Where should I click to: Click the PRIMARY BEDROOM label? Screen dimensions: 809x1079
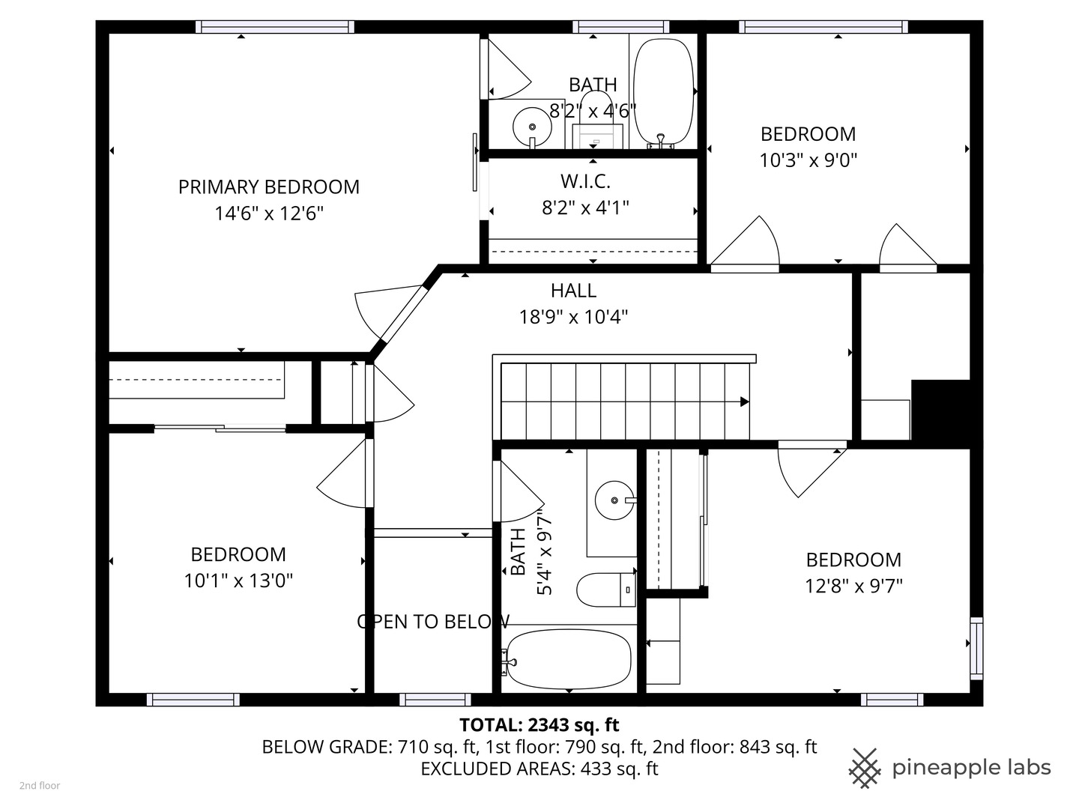pos(268,187)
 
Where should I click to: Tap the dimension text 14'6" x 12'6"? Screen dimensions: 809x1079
pos(268,213)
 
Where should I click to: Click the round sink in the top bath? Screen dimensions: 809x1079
pos(532,126)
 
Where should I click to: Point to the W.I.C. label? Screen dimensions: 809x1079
pos(585,181)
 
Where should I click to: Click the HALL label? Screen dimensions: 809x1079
pos(573,291)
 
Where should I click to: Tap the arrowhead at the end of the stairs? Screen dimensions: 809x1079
pos(744,402)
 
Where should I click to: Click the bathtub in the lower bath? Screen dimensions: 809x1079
pos(568,659)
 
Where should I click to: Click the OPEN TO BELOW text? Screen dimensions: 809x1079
pos(433,622)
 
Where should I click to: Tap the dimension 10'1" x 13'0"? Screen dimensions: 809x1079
pos(238,581)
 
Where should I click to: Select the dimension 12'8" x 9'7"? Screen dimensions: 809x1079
pos(853,586)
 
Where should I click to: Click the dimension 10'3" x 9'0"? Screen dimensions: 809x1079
pos(808,160)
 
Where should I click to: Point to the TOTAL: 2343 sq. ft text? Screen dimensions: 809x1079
pos(539,725)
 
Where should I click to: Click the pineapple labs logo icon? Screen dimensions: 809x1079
pos(865,768)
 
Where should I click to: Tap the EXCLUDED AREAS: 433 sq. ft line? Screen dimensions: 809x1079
pos(539,769)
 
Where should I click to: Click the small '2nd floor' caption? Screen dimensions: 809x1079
pos(40,786)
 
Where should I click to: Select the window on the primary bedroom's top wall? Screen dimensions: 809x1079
pos(275,27)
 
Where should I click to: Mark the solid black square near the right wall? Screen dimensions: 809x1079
pos(940,413)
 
